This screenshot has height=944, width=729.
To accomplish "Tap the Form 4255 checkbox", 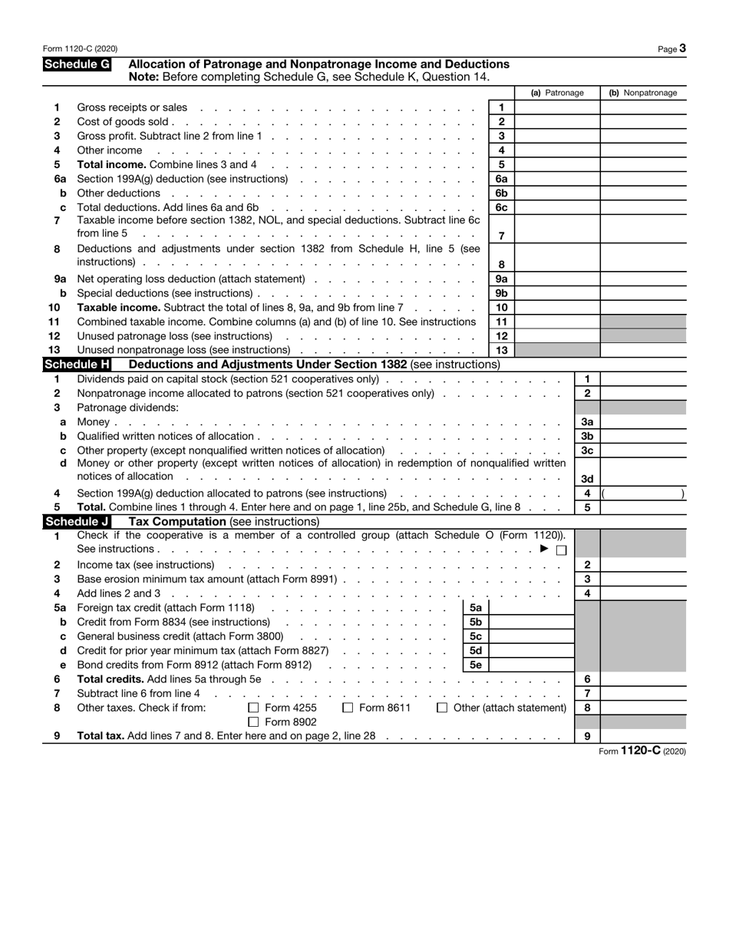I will [253, 708].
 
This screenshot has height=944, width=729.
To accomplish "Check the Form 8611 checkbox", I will [348, 708].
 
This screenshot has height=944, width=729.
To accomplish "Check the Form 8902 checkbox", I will [253, 722].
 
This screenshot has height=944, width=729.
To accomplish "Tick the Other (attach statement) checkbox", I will [442, 708].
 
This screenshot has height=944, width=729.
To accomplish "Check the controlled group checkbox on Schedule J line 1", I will [561, 550].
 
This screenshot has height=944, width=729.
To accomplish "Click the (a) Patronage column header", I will [557, 93].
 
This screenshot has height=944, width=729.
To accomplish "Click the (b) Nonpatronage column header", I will [643, 93].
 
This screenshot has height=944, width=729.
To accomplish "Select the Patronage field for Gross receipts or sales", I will [557, 107].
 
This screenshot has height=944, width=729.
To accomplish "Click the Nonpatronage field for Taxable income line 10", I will [643, 307].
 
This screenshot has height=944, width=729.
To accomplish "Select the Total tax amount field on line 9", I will [643, 736].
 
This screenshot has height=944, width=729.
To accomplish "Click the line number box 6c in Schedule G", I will [501, 207].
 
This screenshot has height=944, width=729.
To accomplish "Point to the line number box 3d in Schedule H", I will [587, 479].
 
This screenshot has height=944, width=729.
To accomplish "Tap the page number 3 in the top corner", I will [682, 48].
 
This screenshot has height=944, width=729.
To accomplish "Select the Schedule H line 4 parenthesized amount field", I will [643, 493].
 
